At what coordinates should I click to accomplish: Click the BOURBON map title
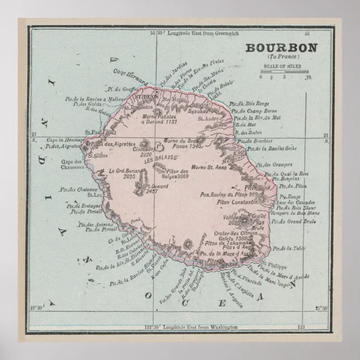[281, 48]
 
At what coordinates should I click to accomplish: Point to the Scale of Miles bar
[284, 72]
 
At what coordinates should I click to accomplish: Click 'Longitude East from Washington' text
[198, 326]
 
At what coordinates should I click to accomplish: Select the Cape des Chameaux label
[72, 164]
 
